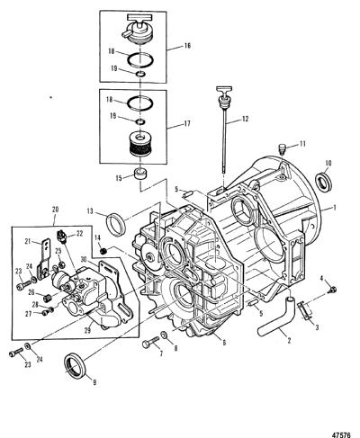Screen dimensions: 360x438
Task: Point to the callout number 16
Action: click(x=187, y=46)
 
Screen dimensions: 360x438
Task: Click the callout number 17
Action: click(x=187, y=123)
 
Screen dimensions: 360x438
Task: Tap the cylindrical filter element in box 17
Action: click(x=140, y=145)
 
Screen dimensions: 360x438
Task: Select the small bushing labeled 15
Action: click(x=140, y=174)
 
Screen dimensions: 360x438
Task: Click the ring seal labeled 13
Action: click(x=115, y=224)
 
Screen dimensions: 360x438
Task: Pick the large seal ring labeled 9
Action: click(x=76, y=365)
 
